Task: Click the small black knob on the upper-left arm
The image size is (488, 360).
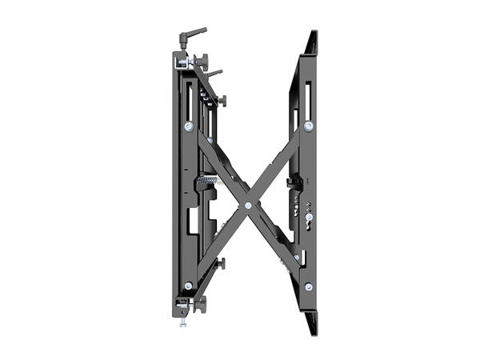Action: point(222,101)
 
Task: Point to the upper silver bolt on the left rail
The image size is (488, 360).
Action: point(189,126)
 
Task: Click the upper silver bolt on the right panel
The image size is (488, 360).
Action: point(309,126)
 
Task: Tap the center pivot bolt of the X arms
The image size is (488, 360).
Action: point(249,206)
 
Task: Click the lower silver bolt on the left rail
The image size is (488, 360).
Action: point(189,286)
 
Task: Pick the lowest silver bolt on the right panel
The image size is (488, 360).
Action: point(309,286)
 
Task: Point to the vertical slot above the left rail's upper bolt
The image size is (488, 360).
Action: point(189,100)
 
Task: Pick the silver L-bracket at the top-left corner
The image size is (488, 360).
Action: point(181,61)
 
